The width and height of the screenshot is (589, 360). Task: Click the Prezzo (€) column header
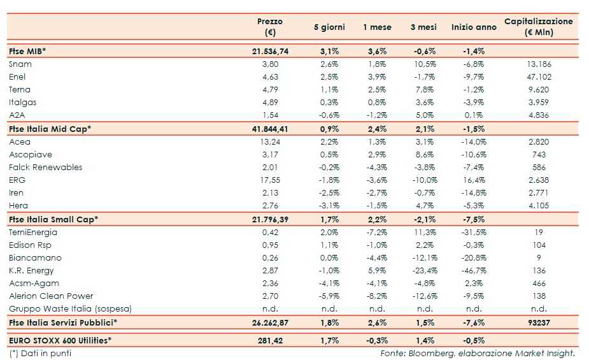270,27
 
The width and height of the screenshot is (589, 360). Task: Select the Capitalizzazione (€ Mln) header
538,27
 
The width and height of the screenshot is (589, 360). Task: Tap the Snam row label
20,64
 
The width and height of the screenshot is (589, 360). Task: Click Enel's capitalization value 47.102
539,76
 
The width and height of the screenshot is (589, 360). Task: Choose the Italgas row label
23,102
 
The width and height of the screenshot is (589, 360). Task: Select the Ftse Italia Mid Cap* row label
50,129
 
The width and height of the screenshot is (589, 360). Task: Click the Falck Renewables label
46,167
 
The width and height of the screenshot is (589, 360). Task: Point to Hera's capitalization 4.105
539,205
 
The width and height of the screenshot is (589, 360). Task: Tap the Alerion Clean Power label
52,296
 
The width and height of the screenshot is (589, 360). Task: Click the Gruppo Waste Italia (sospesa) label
71,308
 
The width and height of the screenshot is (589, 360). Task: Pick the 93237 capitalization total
539,322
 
